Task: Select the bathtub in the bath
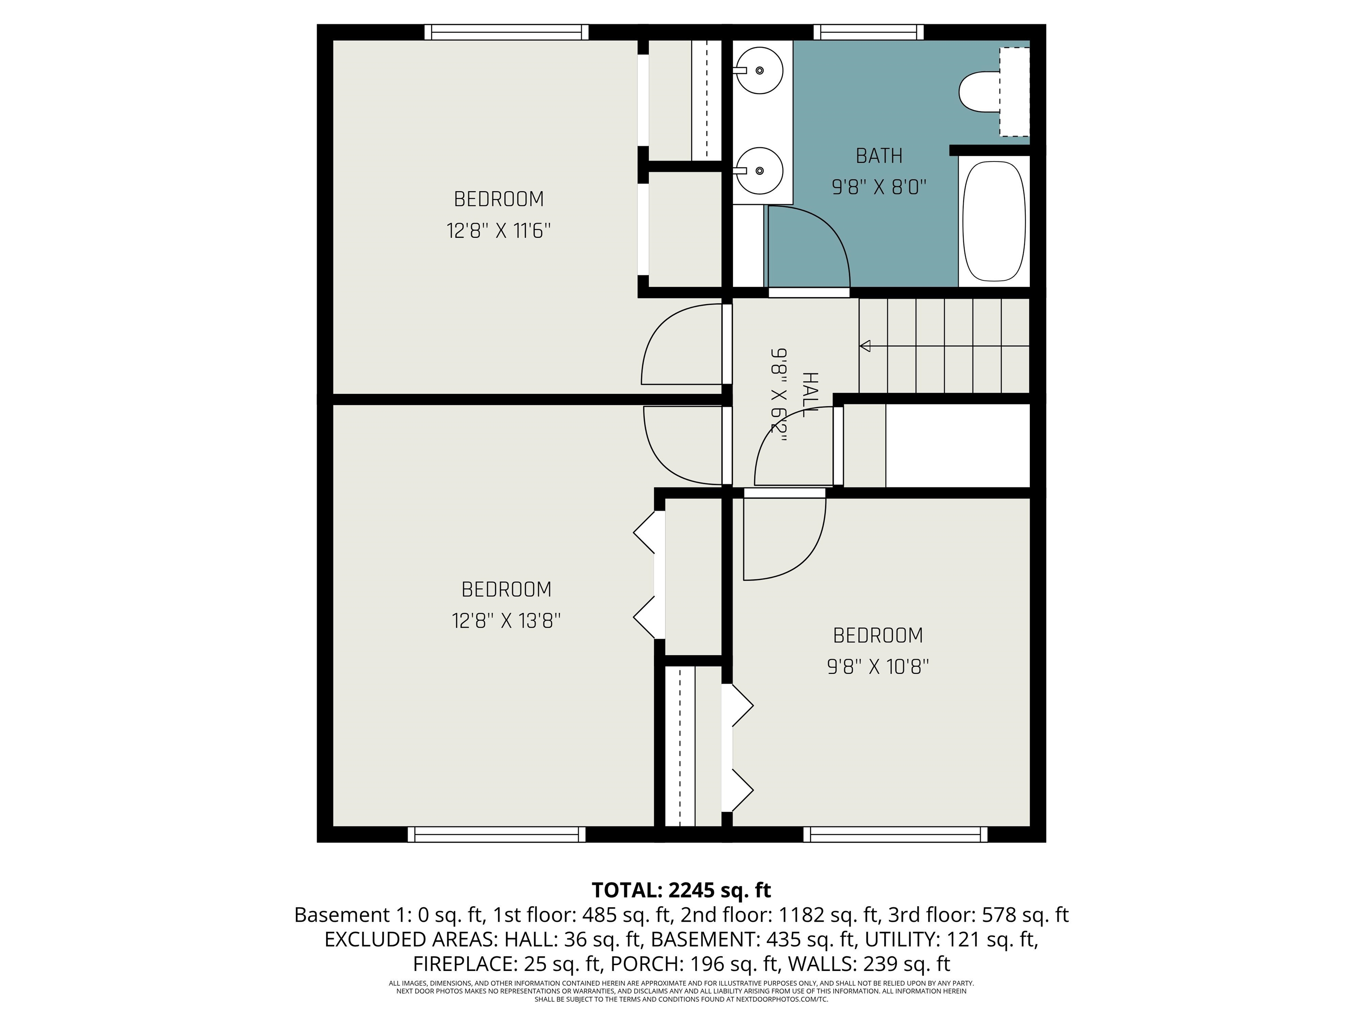point(994,221)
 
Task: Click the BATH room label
point(878,156)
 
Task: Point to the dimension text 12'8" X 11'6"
point(499,231)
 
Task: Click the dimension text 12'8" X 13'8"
point(506,621)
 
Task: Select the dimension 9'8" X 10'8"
point(878,667)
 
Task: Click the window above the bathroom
point(868,32)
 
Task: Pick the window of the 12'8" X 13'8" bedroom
point(496,834)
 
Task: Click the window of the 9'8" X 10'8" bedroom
point(895,834)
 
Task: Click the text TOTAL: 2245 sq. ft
point(681,890)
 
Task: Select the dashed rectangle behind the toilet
point(1014,92)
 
